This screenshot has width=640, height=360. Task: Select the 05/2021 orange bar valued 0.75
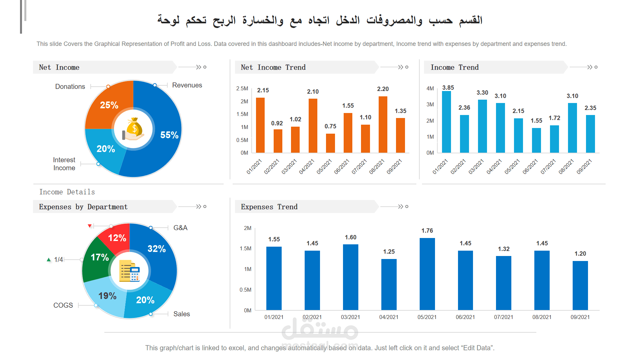[330, 143]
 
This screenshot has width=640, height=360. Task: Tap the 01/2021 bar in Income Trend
[446, 122]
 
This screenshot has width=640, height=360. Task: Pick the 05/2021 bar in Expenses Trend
[427, 274]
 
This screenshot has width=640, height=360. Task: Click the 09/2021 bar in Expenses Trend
[580, 285]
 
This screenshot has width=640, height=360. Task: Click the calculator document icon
[130, 271]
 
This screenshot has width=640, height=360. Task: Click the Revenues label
[187, 85]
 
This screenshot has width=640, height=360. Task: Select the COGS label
[63, 305]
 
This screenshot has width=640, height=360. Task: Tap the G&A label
[180, 228]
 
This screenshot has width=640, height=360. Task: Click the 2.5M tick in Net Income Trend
[242, 89]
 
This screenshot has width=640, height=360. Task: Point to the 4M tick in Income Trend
[430, 89]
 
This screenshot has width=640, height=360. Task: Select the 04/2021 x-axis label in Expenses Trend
[389, 317]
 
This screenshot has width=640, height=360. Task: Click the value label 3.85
[448, 88]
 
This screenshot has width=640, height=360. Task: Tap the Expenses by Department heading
[83, 207]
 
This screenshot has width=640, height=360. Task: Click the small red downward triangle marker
[90, 226]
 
